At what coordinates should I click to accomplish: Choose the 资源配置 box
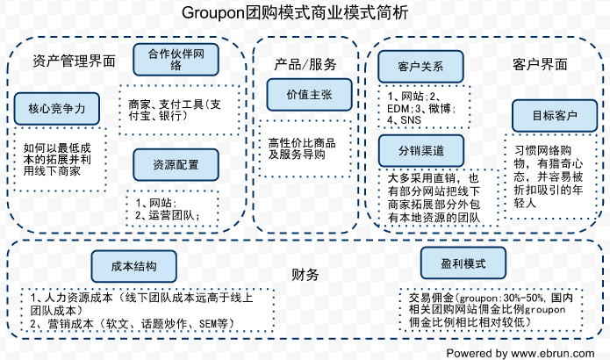176,164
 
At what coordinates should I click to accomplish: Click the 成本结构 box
135,265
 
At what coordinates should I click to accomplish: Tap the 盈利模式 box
464,263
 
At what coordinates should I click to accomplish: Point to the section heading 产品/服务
305,64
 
